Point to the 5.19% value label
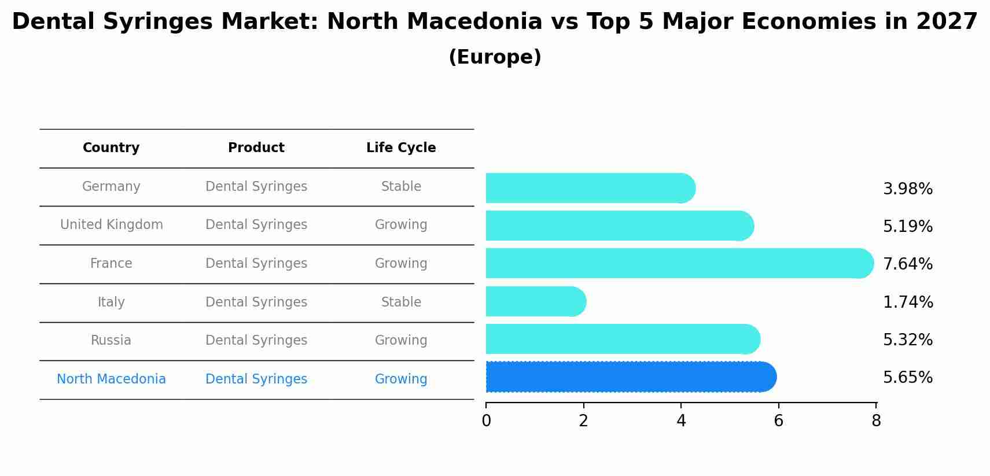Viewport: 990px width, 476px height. tap(907, 226)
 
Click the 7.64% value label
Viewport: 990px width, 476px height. tap(907, 264)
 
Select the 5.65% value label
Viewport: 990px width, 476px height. tap(907, 377)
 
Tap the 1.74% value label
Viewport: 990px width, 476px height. tap(907, 302)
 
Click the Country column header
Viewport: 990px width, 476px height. tap(111, 147)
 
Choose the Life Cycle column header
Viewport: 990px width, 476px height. tap(401, 147)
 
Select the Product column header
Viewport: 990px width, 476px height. tap(256, 147)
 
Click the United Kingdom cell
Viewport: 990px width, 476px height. tap(111, 224)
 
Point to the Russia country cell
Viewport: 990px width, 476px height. tap(111, 340)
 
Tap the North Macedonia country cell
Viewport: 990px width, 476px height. tap(111, 379)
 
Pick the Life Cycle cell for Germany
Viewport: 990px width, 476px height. tap(401, 186)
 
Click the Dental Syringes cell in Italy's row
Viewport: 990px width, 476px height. tap(256, 302)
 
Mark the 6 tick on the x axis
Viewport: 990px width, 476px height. tap(778, 420)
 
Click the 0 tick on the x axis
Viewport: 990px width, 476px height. tap(486, 420)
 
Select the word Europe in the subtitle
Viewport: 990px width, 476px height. tap(495, 57)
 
